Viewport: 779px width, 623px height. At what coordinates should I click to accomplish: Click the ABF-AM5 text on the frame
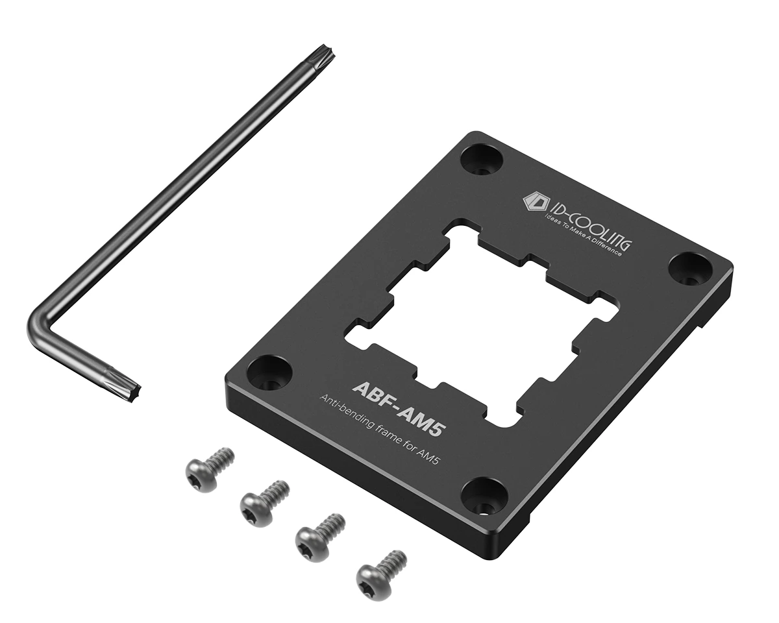[398, 408]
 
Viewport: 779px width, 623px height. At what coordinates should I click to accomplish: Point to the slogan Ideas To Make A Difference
[584, 234]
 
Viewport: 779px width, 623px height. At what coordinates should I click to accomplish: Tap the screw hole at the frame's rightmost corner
[690, 268]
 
